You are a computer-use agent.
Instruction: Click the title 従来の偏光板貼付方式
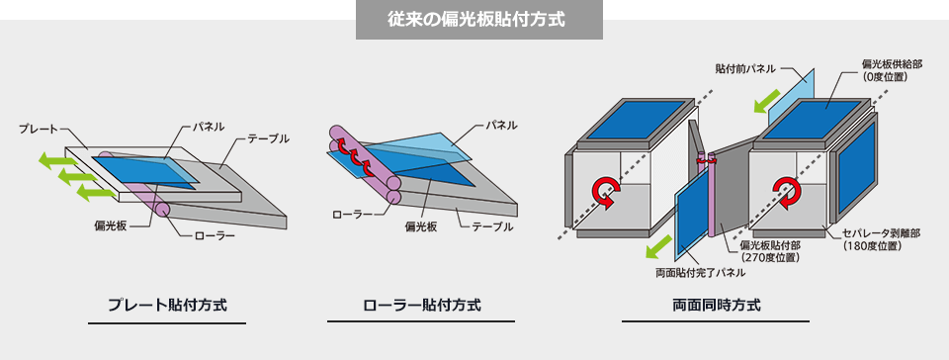tap(478, 20)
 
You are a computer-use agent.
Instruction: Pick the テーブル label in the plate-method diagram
tap(269, 138)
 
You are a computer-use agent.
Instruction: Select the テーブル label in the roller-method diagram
tap(492, 226)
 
